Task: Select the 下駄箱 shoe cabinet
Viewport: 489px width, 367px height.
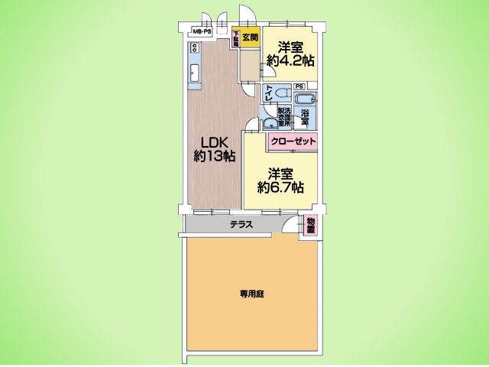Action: (x=237, y=39)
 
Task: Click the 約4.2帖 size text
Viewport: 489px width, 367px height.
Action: (x=290, y=60)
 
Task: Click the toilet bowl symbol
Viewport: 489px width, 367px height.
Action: (x=280, y=93)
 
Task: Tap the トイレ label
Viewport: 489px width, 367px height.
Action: (x=269, y=94)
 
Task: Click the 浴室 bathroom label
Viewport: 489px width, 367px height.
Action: (x=304, y=118)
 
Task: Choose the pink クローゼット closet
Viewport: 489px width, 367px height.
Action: (x=292, y=141)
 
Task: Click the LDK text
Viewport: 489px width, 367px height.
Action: (x=214, y=142)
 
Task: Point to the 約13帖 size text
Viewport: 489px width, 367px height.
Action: (x=214, y=157)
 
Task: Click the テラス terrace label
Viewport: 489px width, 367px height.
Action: (x=241, y=224)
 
